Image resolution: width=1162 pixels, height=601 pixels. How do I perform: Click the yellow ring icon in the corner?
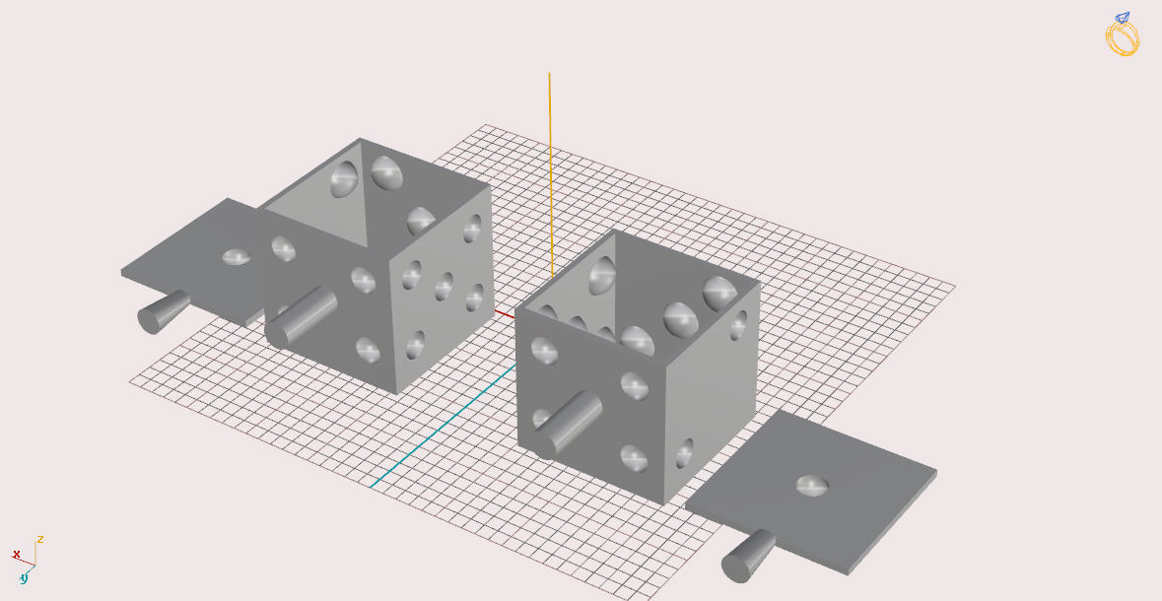pos(1122,35)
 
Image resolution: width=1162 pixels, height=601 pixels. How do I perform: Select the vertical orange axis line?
pos(550,167)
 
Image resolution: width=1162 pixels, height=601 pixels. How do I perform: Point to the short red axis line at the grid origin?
pos(504,313)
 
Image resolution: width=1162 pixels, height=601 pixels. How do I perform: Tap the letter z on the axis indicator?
pos(40,539)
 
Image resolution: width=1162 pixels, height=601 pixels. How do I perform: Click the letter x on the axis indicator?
pos(16,555)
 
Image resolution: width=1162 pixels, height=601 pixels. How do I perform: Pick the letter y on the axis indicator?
pos(23,577)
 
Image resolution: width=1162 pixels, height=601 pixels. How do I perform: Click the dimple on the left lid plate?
pos(237,257)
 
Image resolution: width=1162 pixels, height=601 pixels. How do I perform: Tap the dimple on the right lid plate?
pos(812,485)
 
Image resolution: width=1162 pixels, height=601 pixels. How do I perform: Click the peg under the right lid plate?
pos(748,556)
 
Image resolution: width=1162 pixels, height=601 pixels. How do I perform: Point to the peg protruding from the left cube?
pos(300,316)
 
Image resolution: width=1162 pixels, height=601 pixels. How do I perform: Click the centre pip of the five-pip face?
pos(444,286)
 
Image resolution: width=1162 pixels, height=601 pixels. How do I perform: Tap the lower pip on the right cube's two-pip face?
pos(685,454)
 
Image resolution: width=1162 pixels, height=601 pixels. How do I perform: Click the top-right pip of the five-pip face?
pos(473,228)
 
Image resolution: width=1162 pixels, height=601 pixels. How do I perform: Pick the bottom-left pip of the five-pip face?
pos(415,344)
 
